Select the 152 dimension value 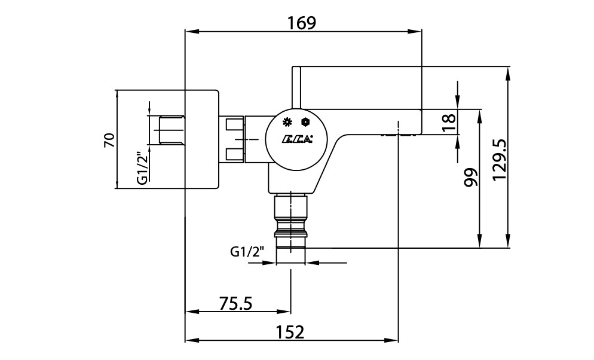[x=290, y=331]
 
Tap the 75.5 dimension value [x=235, y=303]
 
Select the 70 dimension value [x=109, y=140]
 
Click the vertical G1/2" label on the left [x=142, y=167]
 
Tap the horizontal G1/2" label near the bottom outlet [x=247, y=252]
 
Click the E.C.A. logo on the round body [x=297, y=141]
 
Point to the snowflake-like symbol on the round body [x=287, y=122]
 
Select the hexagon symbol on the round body [x=306, y=122]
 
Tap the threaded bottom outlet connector [x=290, y=227]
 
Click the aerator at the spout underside [x=397, y=136]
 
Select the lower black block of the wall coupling [x=235, y=155]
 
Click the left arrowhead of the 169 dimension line [x=189, y=32]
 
